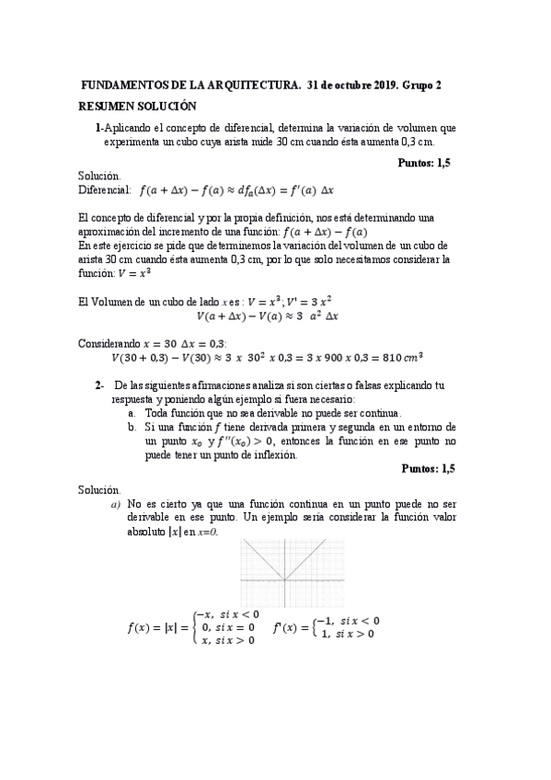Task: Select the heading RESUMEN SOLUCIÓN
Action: click(x=138, y=106)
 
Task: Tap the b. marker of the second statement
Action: click(x=133, y=427)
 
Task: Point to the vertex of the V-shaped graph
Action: click(x=284, y=579)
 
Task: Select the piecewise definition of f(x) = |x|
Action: click(x=193, y=628)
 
